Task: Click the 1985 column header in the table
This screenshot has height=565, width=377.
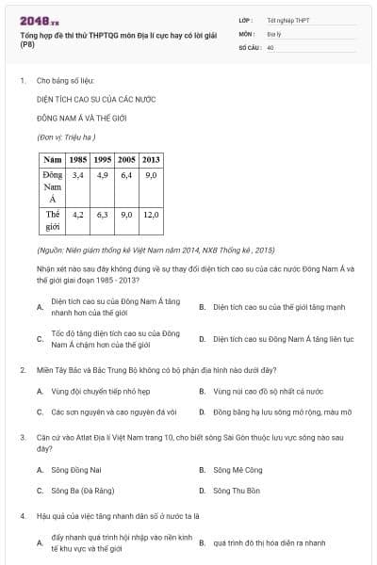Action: pyautogui.click(x=79, y=159)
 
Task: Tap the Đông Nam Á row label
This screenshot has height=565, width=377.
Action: pyautogui.click(x=53, y=186)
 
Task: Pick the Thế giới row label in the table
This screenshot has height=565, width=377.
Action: pyautogui.click(x=53, y=220)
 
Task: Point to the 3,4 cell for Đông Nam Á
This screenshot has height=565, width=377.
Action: pyautogui.click(x=79, y=175)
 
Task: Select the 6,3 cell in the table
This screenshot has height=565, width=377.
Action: pyautogui.click(x=103, y=215)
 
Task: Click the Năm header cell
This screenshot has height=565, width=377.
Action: pyautogui.click(x=53, y=159)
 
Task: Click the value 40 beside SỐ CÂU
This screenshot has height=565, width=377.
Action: pyautogui.click(x=270, y=46)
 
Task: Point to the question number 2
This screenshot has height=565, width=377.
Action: pyautogui.click(x=22, y=369)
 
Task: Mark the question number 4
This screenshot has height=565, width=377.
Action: pyautogui.click(x=22, y=515)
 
